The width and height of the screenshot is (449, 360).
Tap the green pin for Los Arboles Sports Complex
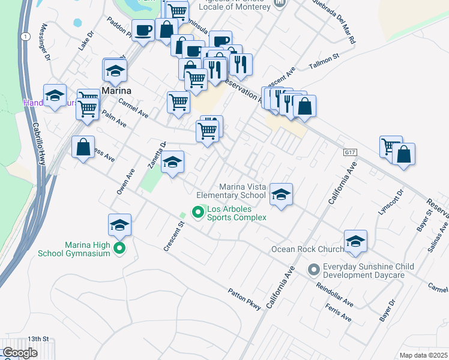pos(196,212)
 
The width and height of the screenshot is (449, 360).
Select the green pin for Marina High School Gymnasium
pos(119,248)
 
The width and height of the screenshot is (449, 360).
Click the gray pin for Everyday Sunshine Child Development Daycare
pos(313,270)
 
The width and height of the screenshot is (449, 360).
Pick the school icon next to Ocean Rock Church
pos(355,241)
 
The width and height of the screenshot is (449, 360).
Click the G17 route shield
pos(350,153)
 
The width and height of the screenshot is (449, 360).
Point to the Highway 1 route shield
pos(25,37)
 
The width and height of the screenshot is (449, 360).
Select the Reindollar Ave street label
pos(336,295)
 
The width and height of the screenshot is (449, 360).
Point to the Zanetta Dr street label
pos(157,155)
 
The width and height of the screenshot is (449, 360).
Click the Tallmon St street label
pos(324,61)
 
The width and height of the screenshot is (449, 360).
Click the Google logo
pos(20,353)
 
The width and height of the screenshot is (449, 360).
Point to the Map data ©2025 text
pos(423,355)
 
